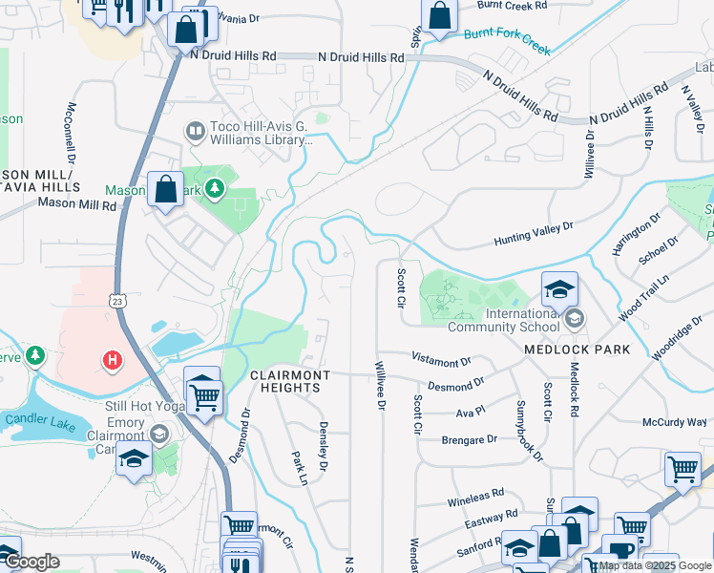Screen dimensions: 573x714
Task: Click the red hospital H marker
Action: point(113,360)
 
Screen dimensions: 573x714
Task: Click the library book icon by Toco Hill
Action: point(195,130)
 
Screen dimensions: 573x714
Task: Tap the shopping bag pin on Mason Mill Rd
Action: point(166,188)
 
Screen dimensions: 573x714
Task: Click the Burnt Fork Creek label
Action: point(507,41)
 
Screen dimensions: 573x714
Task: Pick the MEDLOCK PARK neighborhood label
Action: point(577,350)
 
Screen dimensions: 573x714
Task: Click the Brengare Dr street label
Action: point(469,439)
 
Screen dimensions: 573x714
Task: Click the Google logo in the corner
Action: point(31,562)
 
